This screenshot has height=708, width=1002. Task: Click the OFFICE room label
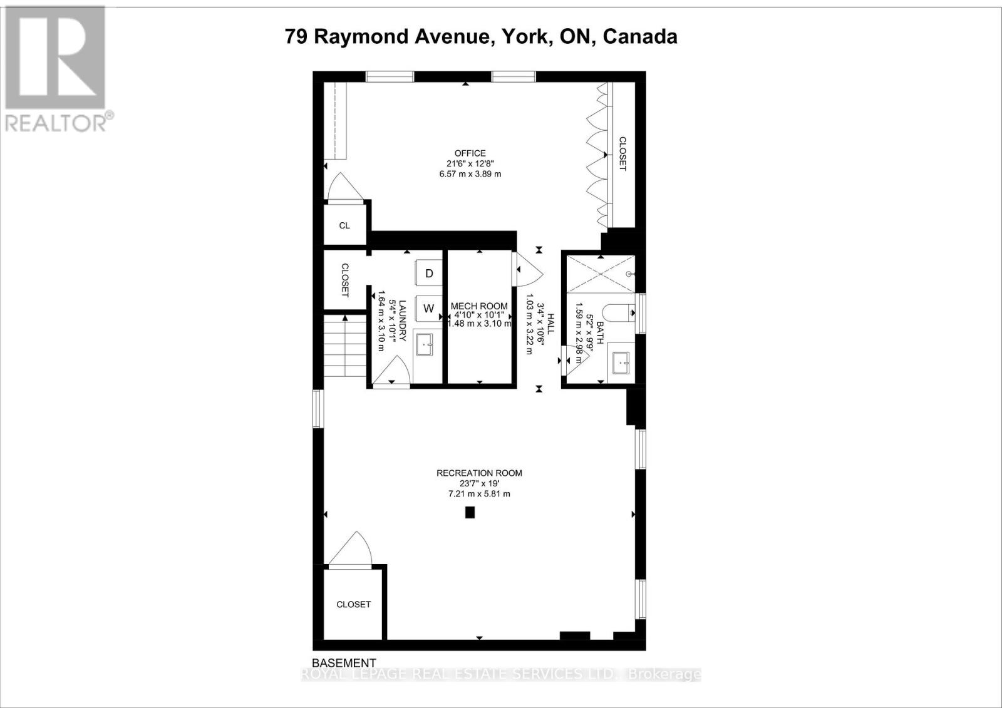tap(470, 153)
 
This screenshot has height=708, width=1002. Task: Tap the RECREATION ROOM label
tap(479, 473)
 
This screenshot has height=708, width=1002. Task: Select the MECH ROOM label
tap(479, 307)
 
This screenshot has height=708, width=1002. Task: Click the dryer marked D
tap(429, 273)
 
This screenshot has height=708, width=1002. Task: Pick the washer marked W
tap(429, 308)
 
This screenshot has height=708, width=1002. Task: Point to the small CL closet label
tap(344, 225)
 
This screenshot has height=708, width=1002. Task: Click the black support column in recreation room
tap(470, 513)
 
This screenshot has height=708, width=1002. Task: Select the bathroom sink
tap(622, 361)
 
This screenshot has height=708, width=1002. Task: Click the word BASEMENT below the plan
tap(344, 663)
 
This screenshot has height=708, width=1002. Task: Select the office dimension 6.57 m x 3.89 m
tap(470, 174)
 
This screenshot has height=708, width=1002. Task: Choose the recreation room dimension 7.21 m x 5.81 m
tap(479, 494)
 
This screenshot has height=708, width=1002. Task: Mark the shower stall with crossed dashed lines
tap(600, 274)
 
